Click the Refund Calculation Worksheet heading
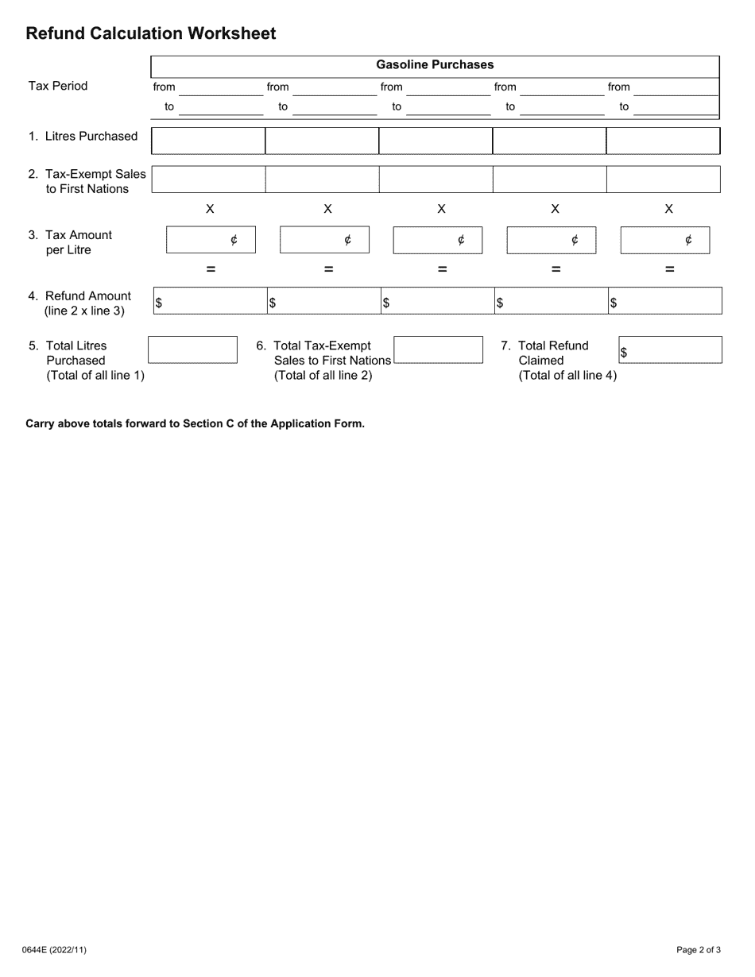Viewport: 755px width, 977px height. pos(151,33)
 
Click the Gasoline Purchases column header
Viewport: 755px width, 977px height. pos(435,65)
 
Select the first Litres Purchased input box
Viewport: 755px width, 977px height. pos(207,141)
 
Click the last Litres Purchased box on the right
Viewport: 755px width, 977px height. pos(663,141)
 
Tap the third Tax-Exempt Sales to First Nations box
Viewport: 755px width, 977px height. pos(435,180)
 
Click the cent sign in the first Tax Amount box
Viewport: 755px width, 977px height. pos(234,240)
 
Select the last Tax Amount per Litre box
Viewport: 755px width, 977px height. pos(664,240)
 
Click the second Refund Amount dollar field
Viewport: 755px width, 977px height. pos(322,301)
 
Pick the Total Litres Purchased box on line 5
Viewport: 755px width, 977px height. pos(192,349)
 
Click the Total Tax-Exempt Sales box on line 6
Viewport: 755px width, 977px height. pos(438,349)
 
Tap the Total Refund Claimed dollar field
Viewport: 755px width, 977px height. pos(670,349)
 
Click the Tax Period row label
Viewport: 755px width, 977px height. pos(58,86)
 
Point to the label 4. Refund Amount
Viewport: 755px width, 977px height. pos(79,296)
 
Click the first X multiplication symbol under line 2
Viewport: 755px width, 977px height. pos(210,209)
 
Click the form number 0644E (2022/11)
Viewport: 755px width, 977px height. pos(56,949)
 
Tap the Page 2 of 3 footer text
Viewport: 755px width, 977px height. pos(699,949)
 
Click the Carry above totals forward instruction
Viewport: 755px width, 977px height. pos(196,423)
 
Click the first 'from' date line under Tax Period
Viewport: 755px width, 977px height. pos(220,89)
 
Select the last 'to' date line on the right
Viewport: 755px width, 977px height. pos(676,109)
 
